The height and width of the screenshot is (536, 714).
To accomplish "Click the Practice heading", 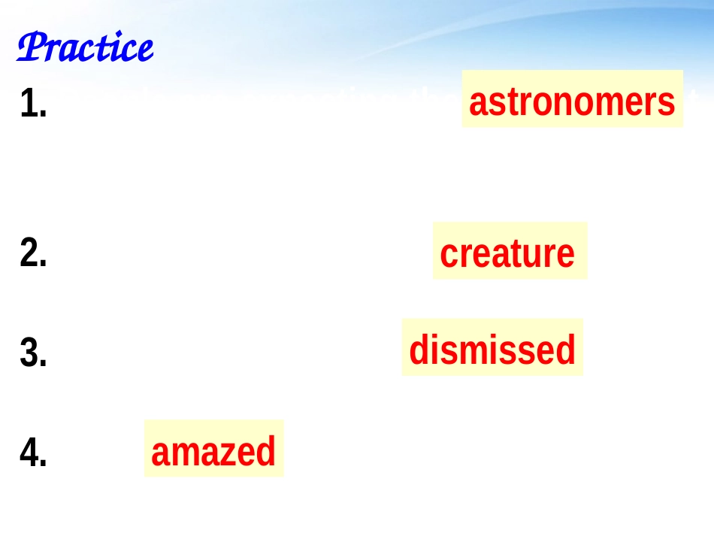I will tap(85, 48).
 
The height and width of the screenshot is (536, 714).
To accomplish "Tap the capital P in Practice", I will tap(30, 48).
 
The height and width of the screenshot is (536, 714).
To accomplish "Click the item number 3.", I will tap(34, 353).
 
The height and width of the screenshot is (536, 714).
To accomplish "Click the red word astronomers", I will tap(572, 101).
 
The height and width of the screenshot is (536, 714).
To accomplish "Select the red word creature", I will tap(507, 253).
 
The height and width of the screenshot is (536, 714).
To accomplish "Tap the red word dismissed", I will tap(492, 350).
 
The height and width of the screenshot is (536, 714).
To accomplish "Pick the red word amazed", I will tap(213, 453).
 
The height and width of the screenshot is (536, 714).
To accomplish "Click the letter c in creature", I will tap(448, 254).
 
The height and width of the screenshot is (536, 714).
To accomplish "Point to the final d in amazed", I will tap(267, 453).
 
